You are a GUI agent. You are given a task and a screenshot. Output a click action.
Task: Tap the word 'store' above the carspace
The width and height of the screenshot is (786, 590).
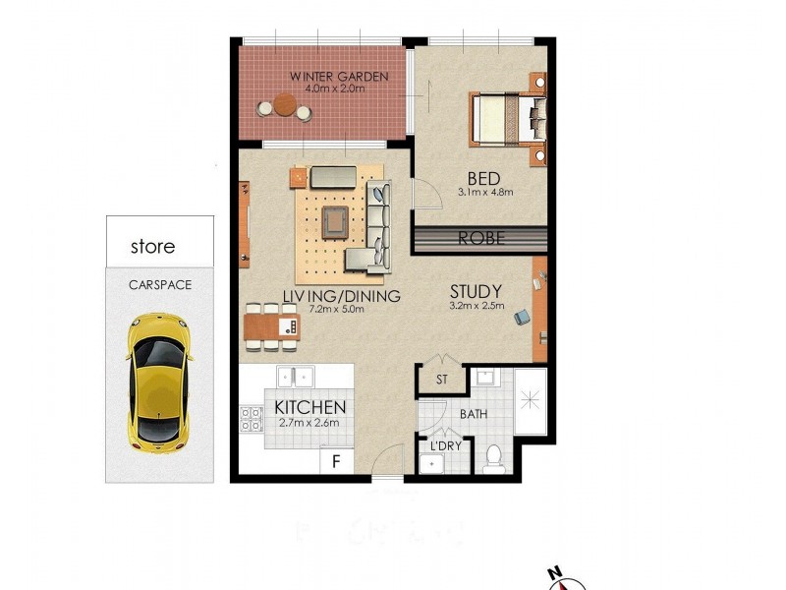152,247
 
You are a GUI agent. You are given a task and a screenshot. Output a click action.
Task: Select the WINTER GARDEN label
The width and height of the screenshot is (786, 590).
338,76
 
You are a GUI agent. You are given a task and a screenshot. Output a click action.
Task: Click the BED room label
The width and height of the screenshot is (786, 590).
484,179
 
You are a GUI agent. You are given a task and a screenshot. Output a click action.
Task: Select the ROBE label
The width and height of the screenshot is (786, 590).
481,238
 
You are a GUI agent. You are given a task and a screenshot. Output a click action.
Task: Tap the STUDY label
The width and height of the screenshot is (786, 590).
477,291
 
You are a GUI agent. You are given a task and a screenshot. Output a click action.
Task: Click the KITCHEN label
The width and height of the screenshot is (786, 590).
309,407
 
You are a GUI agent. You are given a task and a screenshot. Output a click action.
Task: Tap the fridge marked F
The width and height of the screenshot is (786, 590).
335,459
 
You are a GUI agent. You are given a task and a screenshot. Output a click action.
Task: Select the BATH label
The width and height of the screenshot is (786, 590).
474,414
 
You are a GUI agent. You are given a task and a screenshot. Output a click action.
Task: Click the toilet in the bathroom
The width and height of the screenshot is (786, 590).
494,455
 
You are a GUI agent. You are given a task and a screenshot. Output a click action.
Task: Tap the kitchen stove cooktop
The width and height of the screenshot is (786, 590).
250,420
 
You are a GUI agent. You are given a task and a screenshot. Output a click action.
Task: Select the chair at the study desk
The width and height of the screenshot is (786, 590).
521,317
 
